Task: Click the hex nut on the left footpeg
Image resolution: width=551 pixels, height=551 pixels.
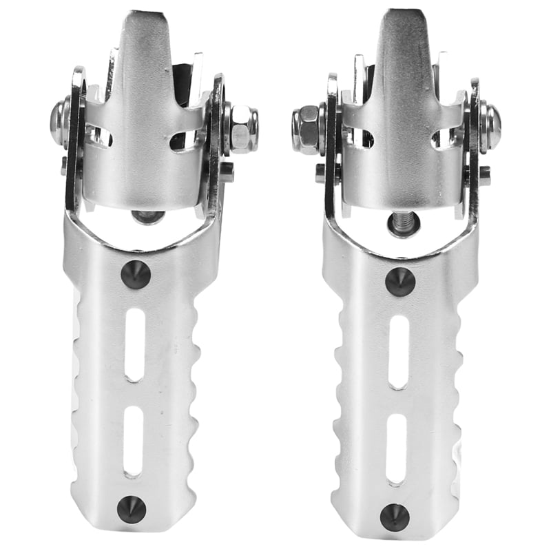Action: click(242, 129)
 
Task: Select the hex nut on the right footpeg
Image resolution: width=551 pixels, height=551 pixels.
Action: click(306, 129)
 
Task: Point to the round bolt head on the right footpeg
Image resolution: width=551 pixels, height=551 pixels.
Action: click(490, 126)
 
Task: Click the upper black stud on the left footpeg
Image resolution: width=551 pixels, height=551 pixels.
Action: click(135, 275)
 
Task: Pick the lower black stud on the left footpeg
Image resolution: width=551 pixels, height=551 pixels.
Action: click(132, 509)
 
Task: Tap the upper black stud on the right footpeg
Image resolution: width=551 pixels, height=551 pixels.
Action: click(399, 282)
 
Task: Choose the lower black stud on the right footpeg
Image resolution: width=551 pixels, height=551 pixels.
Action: click(395, 517)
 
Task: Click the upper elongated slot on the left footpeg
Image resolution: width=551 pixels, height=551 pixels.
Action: click(135, 344)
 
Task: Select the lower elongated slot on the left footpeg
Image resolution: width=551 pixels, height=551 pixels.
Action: click(133, 441)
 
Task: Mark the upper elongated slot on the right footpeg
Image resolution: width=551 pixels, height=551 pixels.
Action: click(398, 351)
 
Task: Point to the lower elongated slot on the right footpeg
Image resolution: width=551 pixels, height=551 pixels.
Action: click(396, 448)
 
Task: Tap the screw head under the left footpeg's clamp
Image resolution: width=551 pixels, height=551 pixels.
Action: click(148, 217)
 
